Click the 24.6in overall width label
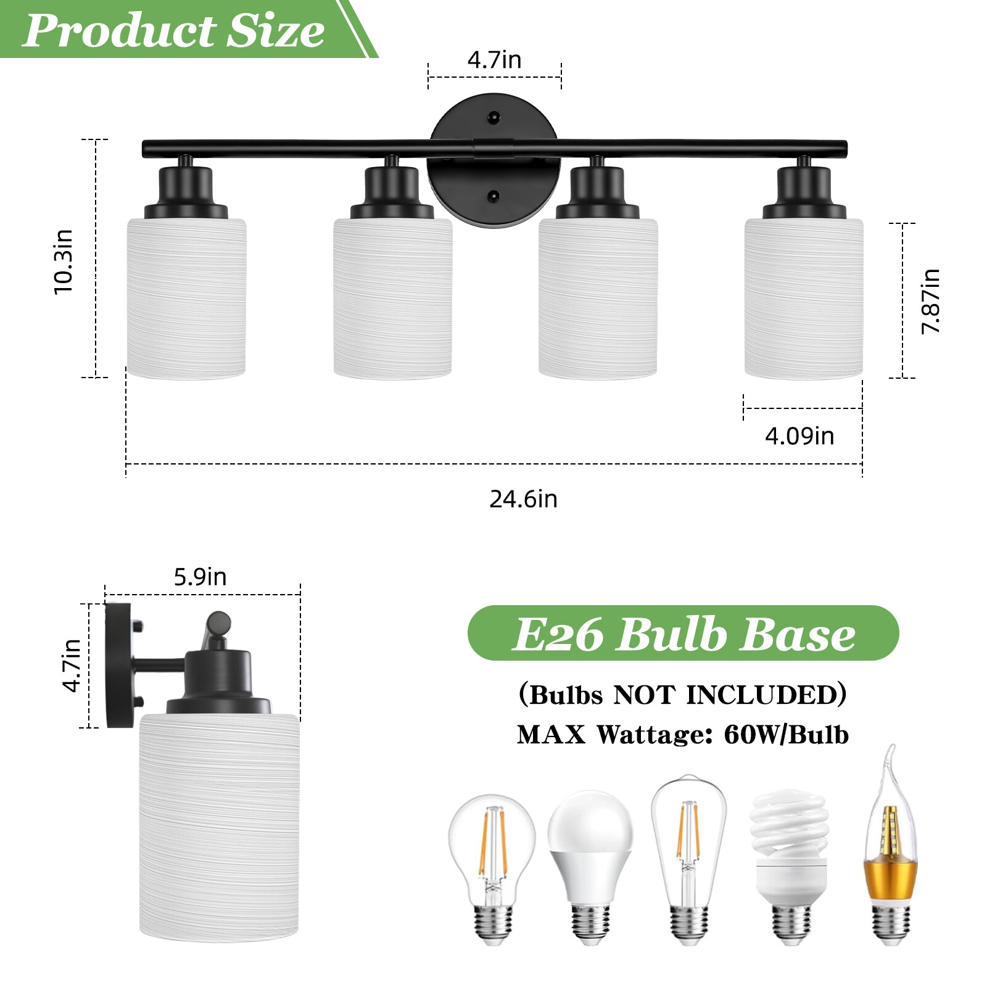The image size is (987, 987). coord(523,499)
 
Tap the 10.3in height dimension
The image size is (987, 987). coord(64,262)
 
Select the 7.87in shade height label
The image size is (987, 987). coord(930,301)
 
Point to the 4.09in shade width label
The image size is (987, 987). coord(799,436)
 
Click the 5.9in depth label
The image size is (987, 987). coord(200,577)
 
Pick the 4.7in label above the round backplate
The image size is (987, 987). coord(494,60)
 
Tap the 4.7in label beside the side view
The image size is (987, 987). coord(72,666)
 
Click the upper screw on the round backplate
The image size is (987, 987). coord(493,117)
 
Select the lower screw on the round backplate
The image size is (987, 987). coord(493,196)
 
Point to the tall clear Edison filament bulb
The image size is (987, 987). coord(688,857)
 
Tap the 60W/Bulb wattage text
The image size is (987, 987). coord(786,735)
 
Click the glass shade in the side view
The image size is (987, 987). coord(219,827)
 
